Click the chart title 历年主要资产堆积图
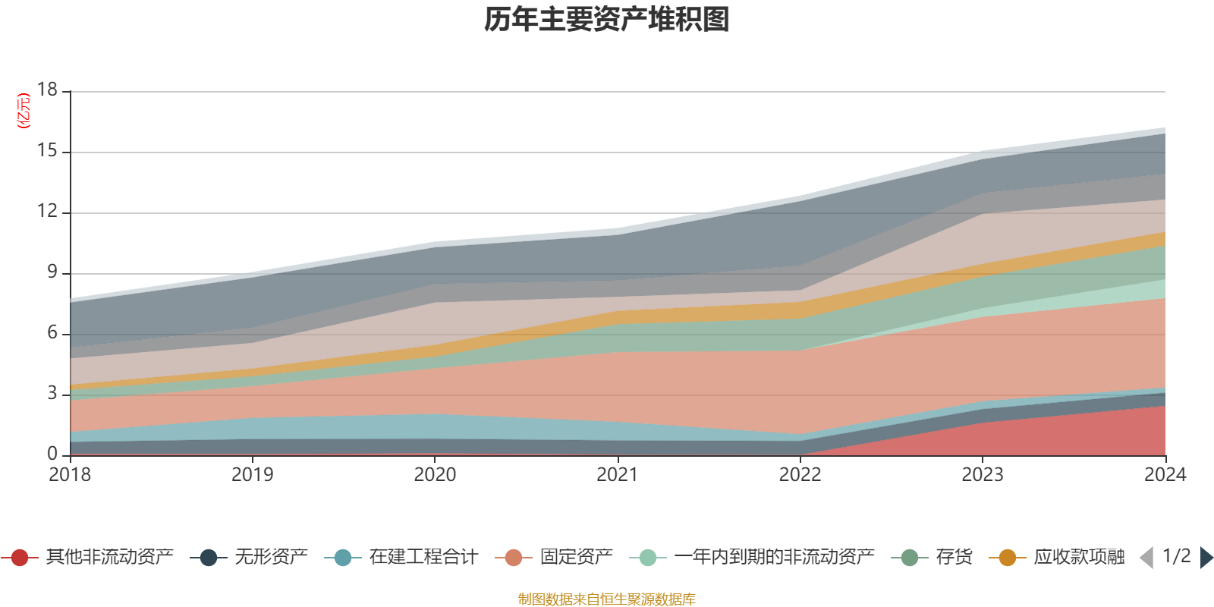607,20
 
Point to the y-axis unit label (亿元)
24,111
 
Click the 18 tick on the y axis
48,90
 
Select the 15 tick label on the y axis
48,151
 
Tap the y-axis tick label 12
48,211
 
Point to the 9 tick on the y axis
52,272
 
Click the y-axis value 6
52,332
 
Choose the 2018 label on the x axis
70,475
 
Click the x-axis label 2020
435,475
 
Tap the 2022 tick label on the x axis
800,475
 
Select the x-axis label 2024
1165,475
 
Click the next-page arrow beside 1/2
1206,558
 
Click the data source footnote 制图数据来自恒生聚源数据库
607,599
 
